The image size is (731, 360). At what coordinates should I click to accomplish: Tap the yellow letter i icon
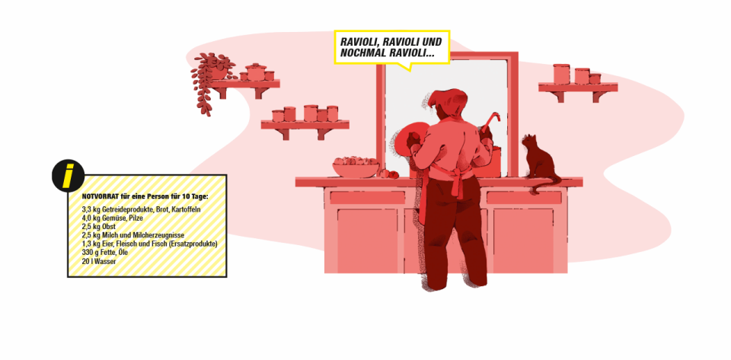(68, 176)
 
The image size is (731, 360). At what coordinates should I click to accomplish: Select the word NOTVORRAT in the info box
(97, 196)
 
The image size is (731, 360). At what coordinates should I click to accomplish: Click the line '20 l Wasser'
(99, 261)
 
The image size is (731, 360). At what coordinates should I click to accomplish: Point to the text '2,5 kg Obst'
(98, 227)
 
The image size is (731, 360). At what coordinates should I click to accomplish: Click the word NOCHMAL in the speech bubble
(362, 53)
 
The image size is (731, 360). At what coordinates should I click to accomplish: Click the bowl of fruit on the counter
(356, 167)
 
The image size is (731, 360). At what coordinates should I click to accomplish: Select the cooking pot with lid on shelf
(256, 72)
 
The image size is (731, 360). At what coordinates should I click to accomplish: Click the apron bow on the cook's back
(455, 180)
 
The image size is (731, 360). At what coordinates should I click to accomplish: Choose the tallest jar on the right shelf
(561, 74)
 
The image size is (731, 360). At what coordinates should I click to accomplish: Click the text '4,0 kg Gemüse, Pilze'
(113, 218)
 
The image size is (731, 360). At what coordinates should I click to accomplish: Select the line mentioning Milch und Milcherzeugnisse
(132, 235)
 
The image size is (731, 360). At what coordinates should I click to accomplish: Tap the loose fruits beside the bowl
(388, 174)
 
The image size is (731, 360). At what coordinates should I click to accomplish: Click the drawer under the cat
(524, 198)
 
